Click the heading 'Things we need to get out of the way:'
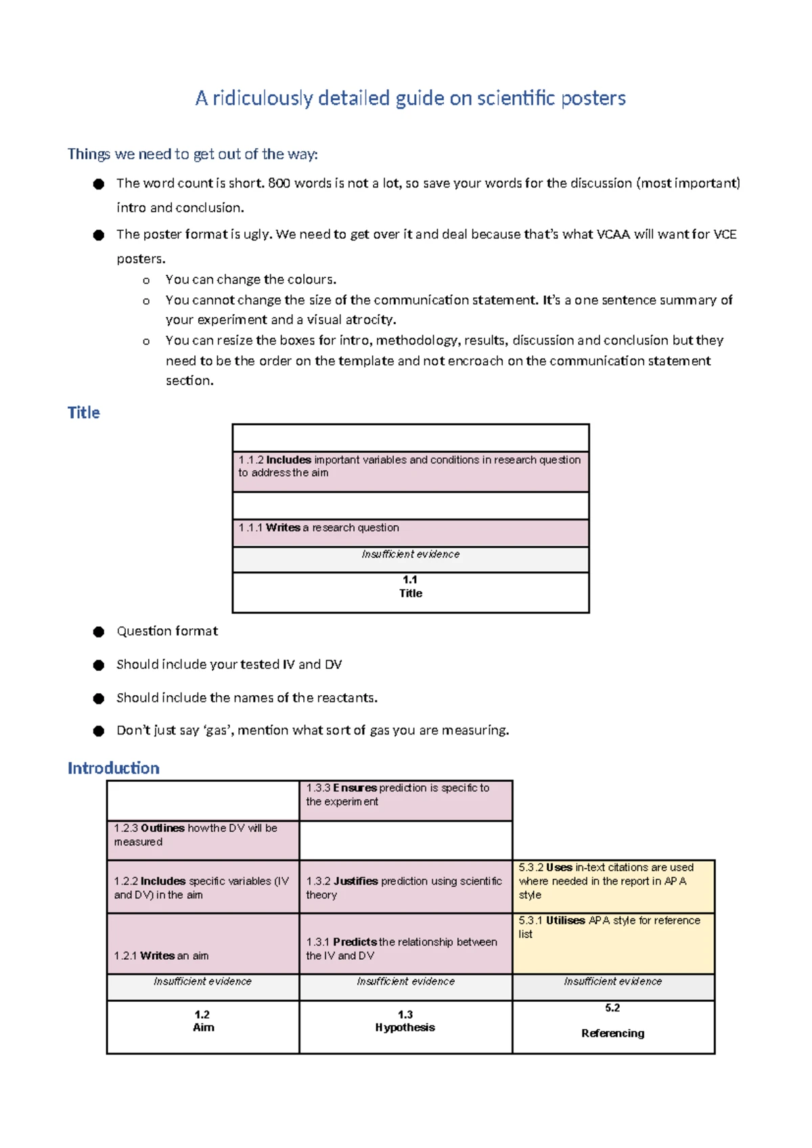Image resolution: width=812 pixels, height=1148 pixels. tap(192, 154)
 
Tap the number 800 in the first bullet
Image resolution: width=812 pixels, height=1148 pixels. tap(279, 183)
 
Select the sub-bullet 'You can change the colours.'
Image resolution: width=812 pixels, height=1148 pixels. tap(250, 280)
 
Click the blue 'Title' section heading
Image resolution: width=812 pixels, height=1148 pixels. tap(83, 413)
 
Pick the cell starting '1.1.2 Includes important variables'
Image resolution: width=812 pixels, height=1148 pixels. tap(410, 467)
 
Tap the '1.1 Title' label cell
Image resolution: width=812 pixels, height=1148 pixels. tap(410, 588)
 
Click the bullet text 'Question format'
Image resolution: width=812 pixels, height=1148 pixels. tap(167, 632)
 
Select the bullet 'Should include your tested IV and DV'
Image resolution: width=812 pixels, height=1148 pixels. tap(229, 665)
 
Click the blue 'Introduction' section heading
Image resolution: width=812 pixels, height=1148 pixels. tap(114, 768)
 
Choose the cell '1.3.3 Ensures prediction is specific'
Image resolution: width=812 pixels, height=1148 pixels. tap(405, 796)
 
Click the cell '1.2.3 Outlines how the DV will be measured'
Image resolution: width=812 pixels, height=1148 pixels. tap(202, 837)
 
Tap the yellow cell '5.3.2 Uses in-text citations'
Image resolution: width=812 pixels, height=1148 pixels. tap(612, 882)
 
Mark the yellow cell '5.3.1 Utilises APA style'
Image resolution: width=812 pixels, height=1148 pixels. tap(612, 934)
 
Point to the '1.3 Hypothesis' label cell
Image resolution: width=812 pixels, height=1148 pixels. tap(405, 1022)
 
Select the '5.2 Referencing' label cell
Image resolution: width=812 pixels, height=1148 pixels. tap(612, 1022)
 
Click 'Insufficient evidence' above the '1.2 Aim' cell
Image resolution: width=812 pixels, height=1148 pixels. tap(202, 982)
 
